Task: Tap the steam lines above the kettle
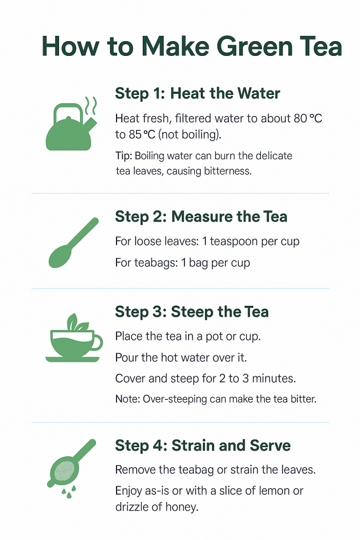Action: pos(91,107)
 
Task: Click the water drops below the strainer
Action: pos(66,493)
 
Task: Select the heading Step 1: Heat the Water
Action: pos(197,94)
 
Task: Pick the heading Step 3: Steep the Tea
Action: pos(191,312)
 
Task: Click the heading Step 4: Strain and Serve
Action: pos(202,446)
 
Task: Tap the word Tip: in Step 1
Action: pos(123,156)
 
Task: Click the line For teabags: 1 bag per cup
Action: pos(182,262)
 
